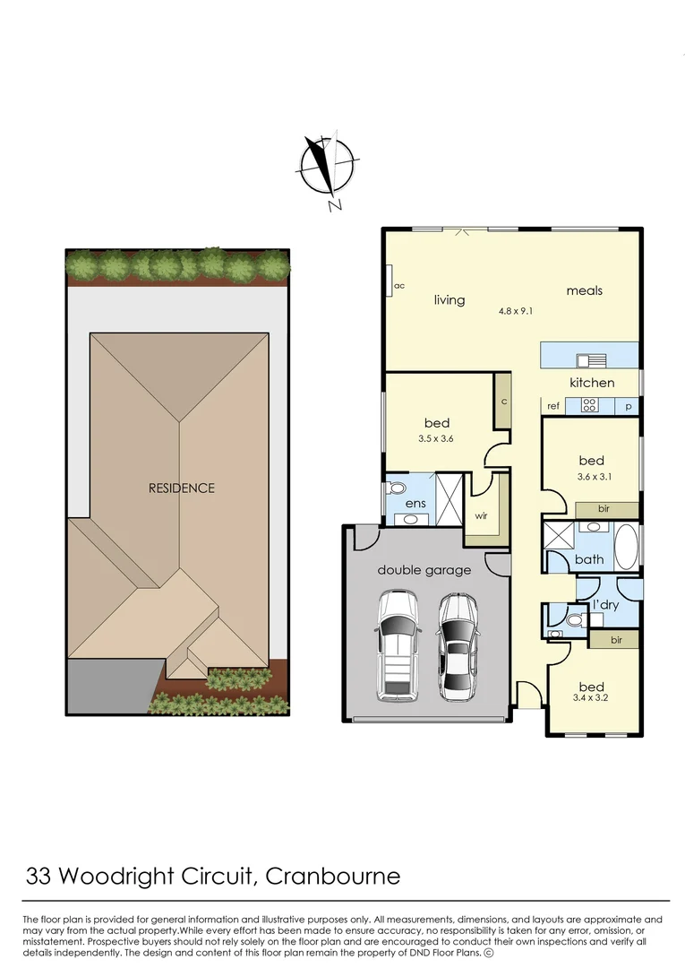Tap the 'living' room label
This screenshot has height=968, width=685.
(x=450, y=299)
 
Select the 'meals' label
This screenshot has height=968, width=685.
(x=584, y=290)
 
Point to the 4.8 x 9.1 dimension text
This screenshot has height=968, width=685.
(x=517, y=312)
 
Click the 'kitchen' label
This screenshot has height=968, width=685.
(x=592, y=383)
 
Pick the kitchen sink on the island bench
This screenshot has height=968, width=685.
(x=590, y=361)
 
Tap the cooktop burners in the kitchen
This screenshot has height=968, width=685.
(x=589, y=405)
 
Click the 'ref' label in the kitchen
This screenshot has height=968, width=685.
(x=553, y=406)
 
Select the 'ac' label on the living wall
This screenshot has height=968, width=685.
(x=399, y=286)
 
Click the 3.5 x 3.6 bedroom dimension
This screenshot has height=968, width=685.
(x=437, y=439)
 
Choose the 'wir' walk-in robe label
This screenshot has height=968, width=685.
(x=481, y=516)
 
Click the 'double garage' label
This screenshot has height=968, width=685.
(x=424, y=570)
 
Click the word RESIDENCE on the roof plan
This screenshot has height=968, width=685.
(x=182, y=488)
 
